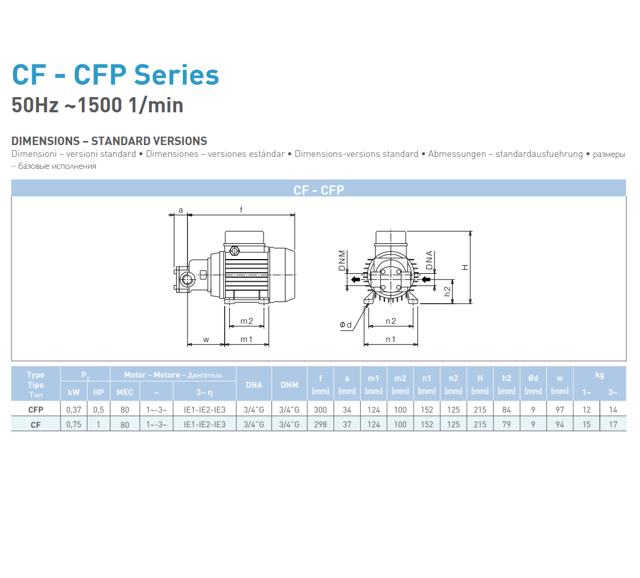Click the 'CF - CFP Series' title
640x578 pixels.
coord(116,75)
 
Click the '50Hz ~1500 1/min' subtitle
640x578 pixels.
coord(97,106)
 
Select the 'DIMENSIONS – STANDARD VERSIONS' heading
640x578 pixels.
coord(109,141)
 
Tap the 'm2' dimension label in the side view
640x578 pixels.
coord(247,321)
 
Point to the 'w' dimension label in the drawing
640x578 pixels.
coord(206,340)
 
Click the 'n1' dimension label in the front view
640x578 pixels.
coord(391,339)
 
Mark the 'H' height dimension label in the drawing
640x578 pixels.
coord(465,268)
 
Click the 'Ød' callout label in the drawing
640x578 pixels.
coord(346,325)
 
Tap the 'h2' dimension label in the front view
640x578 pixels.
coord(448,291)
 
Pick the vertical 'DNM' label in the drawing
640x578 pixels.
coord(342,260)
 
